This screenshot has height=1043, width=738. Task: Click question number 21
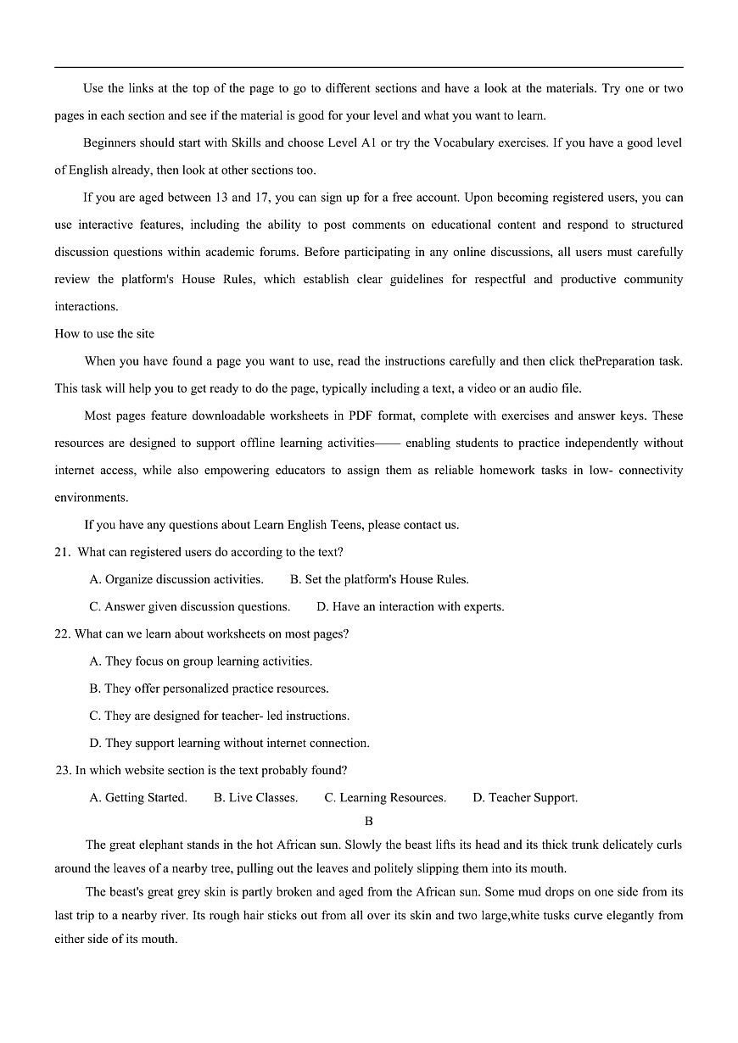(x=62, y=553)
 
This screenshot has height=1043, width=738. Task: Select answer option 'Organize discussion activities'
(x=176, y=580)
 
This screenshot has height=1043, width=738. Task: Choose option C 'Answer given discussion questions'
(x=190, y=607)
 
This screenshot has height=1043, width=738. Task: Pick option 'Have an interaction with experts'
(x=411, y=607)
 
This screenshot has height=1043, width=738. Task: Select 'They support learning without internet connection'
(x=229, y=744)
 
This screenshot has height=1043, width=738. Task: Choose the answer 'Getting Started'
(x=138, y=798)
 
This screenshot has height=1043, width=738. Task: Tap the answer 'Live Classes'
(x=256, y=798)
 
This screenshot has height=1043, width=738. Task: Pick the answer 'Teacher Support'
(x=525, y=798)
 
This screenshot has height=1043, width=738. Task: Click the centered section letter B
(x=368, y=822)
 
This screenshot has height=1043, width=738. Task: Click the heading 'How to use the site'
(x=104, y=334)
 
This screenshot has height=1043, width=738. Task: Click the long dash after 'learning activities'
(x=389, y=443)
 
